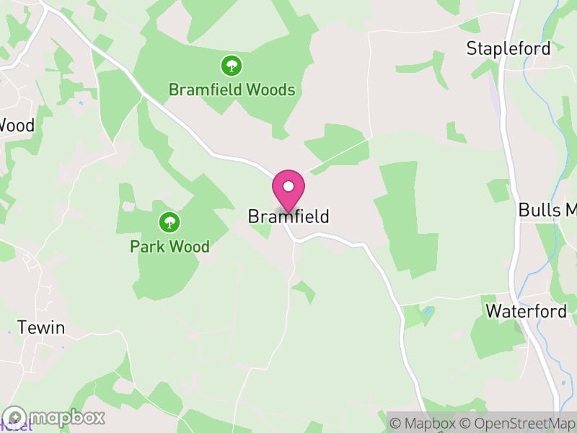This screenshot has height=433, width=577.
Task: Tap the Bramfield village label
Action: point(288,216)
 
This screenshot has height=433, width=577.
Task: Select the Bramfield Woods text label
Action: point(232,90)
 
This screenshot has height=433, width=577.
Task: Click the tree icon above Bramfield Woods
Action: point(232,66)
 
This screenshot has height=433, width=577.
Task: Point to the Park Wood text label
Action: point(169,247)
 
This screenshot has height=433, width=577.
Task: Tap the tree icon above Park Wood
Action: point(169,222)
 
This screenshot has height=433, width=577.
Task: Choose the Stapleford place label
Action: point(508,49)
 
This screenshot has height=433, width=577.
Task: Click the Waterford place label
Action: point(526,311)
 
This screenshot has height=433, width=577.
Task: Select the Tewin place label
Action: point(41,328)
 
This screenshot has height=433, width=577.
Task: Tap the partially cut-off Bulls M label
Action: point(547,211)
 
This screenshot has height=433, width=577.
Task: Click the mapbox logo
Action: point(54,417)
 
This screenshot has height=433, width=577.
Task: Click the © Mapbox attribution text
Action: point(423,423)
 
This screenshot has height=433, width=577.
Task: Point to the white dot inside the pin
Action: point(288,186)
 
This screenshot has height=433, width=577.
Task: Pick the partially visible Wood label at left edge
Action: point(16,126)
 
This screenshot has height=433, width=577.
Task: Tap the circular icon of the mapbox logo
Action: point(15,417)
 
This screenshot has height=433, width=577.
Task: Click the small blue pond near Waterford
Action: point(430,311)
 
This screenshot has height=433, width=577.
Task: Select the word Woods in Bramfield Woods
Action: point(270,90)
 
